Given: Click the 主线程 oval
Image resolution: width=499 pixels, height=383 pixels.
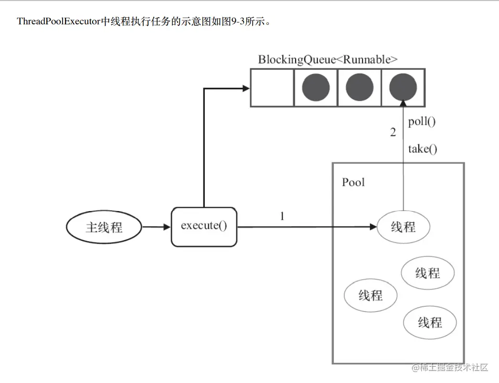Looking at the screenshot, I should [104, 227].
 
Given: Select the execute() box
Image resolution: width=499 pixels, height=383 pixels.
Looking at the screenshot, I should [204, 227].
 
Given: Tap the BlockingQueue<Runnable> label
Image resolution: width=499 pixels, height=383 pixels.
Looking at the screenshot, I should [328, 60].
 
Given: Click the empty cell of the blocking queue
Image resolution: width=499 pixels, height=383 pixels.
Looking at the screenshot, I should [272, 88].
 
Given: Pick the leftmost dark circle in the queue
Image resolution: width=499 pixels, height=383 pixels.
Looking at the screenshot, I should [316, 88].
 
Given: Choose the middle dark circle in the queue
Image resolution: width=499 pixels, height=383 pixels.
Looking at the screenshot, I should [359, 88].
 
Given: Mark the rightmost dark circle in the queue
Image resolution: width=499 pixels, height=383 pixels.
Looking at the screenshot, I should [403, 88].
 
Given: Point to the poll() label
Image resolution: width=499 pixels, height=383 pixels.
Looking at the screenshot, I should [422, 121].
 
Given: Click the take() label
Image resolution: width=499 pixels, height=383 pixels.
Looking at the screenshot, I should [422, 149].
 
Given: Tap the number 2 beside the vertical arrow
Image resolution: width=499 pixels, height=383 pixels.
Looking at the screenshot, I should [393, 133].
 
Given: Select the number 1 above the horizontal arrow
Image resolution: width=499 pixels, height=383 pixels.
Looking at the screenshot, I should [282, 216].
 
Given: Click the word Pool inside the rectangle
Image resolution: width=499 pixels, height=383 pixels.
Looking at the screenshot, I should [353, 182].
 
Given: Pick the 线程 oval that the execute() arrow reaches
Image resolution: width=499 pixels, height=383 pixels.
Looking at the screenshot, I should [403, 227].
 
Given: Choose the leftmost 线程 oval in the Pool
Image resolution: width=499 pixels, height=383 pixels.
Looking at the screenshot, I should [371, 295].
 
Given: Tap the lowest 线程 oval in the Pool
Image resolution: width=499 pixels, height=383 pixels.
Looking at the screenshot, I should [430, 322].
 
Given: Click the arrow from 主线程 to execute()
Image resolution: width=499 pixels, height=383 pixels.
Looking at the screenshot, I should [156, 227].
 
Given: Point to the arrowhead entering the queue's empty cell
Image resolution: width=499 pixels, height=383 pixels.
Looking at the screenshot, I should [246, 88].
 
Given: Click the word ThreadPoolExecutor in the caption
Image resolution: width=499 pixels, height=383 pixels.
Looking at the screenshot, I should [59, 21].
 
